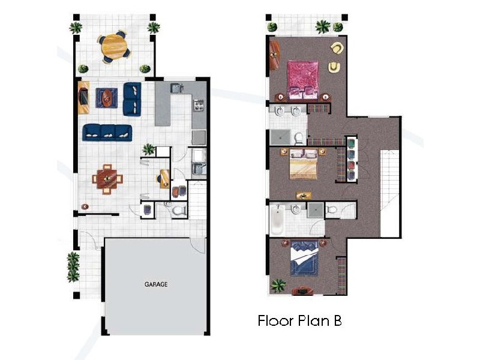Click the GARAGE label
[x=155, y=284]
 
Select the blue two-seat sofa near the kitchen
[x=132, y=99]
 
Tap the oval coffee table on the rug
[x=108, y=97]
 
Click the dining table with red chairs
[x=109, y=178]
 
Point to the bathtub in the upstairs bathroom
[x=277, y=220]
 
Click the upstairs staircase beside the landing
[x=390, y=192]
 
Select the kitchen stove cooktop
[x=199, y=107]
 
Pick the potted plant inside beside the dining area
[x=148, y=149]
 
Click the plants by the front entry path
[x=73, y=267]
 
